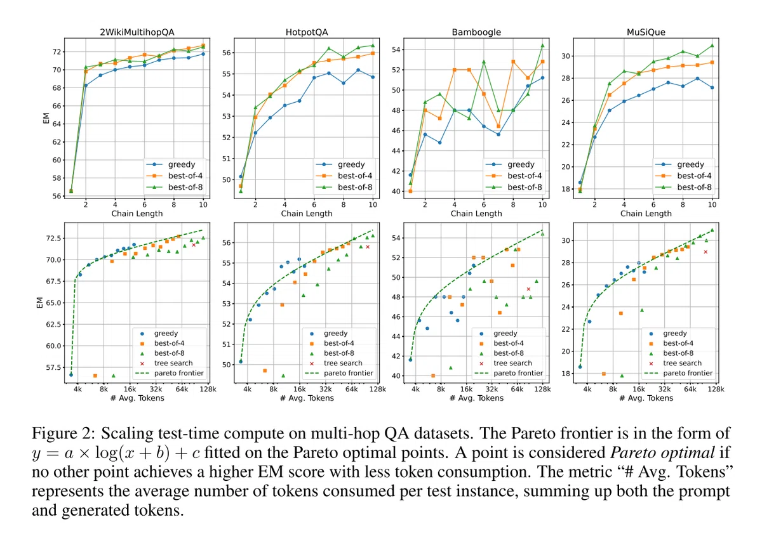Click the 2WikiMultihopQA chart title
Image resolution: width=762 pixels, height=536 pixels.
click(137, 32)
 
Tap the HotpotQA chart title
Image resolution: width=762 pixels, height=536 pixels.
click(307, 32)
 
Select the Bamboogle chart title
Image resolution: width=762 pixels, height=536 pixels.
click(476, 32)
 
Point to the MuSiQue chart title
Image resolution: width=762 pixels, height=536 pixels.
click(646, 32)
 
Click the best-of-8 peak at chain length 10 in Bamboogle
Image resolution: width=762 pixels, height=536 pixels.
click(542, 45)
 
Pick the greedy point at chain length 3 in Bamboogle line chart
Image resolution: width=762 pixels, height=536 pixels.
click(439, 143)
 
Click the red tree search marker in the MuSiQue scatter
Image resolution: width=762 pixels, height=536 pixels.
click(705, 252)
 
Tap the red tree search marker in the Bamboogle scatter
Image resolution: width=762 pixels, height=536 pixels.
click(528, 289)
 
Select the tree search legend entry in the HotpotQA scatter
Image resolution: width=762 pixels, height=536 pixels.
click(337, 363)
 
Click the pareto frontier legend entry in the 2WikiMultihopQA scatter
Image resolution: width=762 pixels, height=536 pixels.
click(170, 373)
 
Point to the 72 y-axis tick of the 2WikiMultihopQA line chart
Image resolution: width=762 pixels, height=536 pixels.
click(57, 51)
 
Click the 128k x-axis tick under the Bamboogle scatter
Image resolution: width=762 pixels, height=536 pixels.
click(542, 389)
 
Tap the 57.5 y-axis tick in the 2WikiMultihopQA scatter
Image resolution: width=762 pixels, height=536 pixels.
click(53, 367)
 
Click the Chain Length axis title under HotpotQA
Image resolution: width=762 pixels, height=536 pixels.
click(307, 213)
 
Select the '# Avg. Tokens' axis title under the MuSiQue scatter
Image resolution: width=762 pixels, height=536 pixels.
click(646, 398)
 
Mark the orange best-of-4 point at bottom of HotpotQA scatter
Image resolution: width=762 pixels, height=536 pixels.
click(265, 370)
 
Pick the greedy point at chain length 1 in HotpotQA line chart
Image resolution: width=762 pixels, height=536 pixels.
click(241, 176)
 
